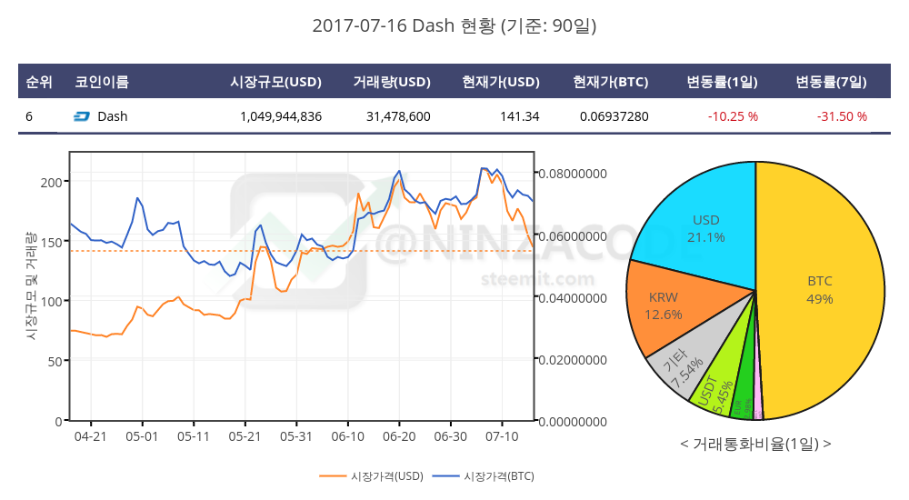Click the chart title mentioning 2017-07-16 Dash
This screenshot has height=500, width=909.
point(454,26)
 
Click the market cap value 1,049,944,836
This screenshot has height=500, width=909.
point(281,116)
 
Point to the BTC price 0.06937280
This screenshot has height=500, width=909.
point(614,116)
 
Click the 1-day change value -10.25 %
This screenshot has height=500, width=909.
point(733,116)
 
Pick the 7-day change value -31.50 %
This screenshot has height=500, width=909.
point(842,116)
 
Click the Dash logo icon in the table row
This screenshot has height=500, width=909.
point(81,116)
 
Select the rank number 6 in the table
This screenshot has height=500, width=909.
point(29,116)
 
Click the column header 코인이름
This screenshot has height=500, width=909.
point(102,82)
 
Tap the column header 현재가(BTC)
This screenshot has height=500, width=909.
point(610,82)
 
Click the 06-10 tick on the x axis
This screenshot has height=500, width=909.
point(348,436)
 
